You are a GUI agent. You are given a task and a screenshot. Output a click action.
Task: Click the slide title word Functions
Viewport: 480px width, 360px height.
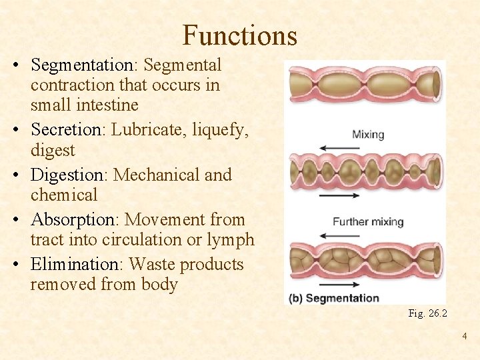tap(239, 35)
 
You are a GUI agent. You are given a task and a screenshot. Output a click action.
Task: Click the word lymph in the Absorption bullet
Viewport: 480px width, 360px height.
tap(230, 240)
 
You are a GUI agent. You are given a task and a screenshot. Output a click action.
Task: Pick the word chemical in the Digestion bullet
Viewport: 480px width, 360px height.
tap(64, 195)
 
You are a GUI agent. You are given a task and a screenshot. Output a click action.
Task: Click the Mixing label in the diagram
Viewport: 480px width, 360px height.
tap(368, 135)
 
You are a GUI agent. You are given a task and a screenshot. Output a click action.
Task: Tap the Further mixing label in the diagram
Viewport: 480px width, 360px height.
tap(368, 221)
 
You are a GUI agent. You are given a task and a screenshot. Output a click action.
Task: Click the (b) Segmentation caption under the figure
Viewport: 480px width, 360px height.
tap(333, 298)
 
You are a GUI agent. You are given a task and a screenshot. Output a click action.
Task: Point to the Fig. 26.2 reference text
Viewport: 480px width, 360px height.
tap(427, 313)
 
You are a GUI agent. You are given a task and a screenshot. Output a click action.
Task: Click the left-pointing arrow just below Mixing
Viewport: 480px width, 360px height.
tap(340, 148)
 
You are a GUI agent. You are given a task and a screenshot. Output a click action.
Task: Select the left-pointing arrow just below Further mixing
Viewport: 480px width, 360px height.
tap(340, 235)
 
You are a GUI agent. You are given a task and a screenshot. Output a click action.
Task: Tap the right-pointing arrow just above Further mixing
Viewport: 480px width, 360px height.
tap(340, 195)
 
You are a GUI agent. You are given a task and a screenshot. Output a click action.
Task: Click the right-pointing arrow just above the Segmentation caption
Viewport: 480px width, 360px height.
tap(340, 283)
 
